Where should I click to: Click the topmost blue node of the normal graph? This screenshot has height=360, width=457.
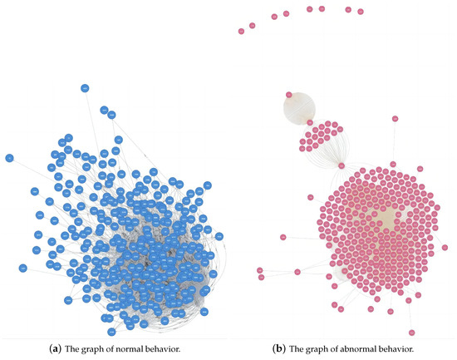tap(85, 87)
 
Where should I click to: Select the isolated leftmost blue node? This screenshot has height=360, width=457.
tap(9, 157)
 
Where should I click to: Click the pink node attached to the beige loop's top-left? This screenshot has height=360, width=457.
tap(287, 94)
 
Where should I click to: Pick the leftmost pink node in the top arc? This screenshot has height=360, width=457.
tap(241, 31)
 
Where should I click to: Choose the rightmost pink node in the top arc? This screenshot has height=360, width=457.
tap(361, 12)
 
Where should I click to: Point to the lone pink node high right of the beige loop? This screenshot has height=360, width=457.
tap(396, 121)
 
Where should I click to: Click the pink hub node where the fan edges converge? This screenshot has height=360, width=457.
tap(342, 165)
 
